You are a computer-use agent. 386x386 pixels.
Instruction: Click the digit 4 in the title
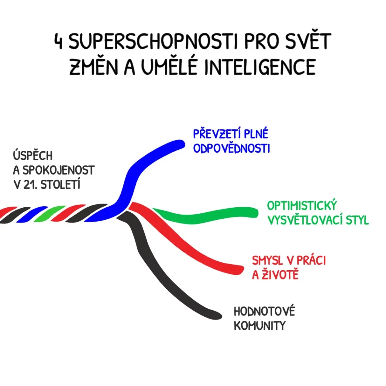(x=59, y=43)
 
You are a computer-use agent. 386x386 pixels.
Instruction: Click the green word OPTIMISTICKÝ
(x=302, y=206)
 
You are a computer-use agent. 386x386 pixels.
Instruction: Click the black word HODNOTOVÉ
(x=264, y=312)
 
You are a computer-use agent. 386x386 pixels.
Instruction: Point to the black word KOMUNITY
(x=260, y=326)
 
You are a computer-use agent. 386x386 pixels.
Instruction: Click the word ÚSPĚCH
(x=33, y=156)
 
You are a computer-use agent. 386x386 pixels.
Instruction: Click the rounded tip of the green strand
(x=254, y=212)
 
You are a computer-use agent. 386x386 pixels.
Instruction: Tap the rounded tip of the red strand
(x=239, y=269)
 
